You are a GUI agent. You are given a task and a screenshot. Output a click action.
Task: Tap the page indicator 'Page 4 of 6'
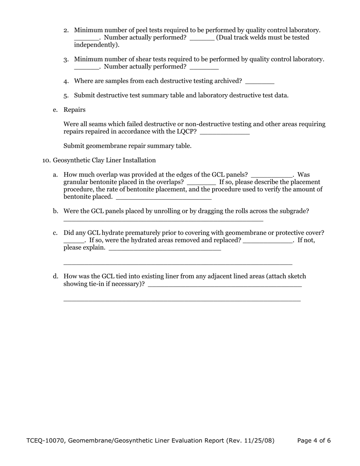point(314,441)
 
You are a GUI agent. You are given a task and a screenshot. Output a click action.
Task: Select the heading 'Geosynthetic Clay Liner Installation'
point(104,160)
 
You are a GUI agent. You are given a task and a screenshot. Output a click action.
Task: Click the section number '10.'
point(46,160)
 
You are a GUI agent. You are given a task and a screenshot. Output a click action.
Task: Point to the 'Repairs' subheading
point(75,110)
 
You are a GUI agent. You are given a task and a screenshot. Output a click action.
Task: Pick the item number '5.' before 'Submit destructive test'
point(66,95)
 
